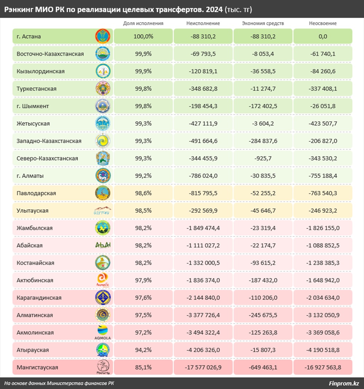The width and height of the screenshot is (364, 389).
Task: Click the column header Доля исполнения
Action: tap(143, 23)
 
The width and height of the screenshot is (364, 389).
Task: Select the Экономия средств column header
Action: tap(263, 23)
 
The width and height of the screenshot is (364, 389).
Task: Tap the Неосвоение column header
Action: tap(323, 23)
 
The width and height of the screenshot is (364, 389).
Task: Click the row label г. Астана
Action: tap(29, 36)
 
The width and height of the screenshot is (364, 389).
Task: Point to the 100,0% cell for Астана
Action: tap(143, 36)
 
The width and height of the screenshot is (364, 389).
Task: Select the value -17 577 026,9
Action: tap(203, 368)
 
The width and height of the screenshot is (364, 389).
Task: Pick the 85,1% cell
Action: tap(143, 368)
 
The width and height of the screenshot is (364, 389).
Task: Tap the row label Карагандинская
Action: tap(39, 298)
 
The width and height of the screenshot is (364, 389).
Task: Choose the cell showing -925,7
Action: tap(263, 158)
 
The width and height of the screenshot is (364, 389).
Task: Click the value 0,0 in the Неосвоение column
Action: tap(323, 36)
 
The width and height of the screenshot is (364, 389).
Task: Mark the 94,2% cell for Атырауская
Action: tap(143, 350)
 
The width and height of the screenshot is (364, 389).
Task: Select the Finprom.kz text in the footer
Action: tap(344, 383)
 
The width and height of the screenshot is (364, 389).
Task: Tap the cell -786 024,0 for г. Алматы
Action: tap(203, 176)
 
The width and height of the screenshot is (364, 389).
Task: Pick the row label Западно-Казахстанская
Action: tap(49, 141)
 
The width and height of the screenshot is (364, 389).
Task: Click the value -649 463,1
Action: tap(263, 368)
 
